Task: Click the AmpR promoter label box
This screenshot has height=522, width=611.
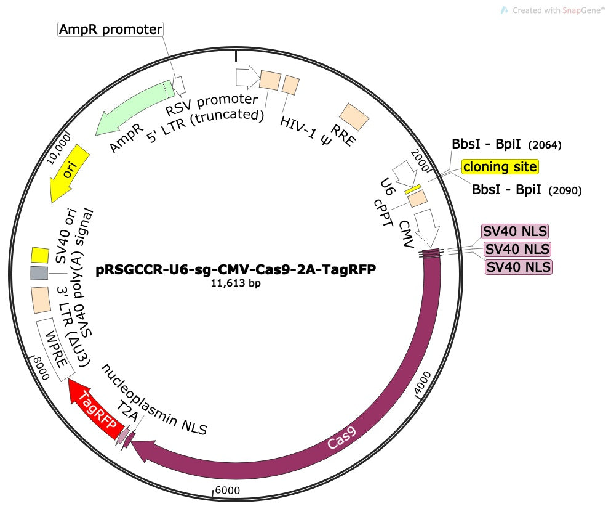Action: pyautogui.click(x=110, y=29)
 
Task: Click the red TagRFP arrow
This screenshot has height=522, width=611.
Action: pyautogui.click(x=95, y=410)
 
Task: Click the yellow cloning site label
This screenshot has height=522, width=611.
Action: pyautogui.click(x=500, y=166)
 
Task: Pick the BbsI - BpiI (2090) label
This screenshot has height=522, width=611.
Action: pyautogui.click(x=526, y=190)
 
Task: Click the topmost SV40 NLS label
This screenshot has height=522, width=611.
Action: pyautogui.click(x=514, y=231)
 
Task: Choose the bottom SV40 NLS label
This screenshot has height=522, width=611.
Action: pyautogui.click(x=519, y=267)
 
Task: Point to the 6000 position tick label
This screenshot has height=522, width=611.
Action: pyautogui.click(x=227, y=490)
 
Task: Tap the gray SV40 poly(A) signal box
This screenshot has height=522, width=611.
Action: pyautogui.click(x=39, y=273)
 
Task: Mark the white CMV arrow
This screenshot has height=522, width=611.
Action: pyautogui.click(x=426, y=227)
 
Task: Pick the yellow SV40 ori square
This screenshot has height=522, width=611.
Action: pyautogui.click(x=40, y=255)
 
